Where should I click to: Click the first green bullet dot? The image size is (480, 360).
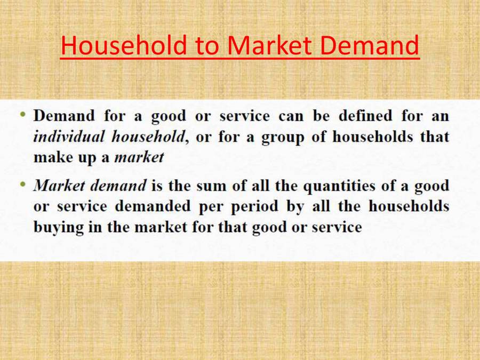pyautogui.click(x=23, y=114)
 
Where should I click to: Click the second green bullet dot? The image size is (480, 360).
pyautogui.click(x=23, y=184)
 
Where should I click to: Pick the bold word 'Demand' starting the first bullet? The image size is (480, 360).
pyautogui.click(x=63, y=116)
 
